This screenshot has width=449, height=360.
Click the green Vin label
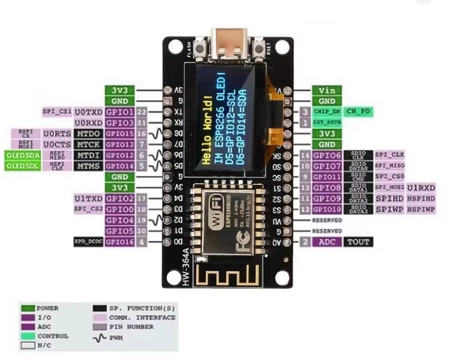pyautogui.click(x=327, y=91)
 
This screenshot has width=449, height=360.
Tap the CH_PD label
pyautogui.click(x=358, y=112)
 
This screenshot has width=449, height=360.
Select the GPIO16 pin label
pyautogui.click(x=120, y=242)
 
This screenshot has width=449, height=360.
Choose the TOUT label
pyautogui.click(x=358, y=242)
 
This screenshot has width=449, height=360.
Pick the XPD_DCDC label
pyautogui.click(x=88, y=242)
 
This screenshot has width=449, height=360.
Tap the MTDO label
pyautogui.click(x=88, y=134)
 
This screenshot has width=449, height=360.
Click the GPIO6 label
pyautogui.click(x=327, y=156)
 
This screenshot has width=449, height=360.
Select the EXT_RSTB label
pyautogui.click(x=327, y=123)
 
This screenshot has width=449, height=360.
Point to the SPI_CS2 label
pyautogui.click(x=88, y=209)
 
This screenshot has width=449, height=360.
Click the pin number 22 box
pyautogui.click(x=142, y=112)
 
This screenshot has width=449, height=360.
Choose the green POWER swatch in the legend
pyautogui.click(x=28, y=308)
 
